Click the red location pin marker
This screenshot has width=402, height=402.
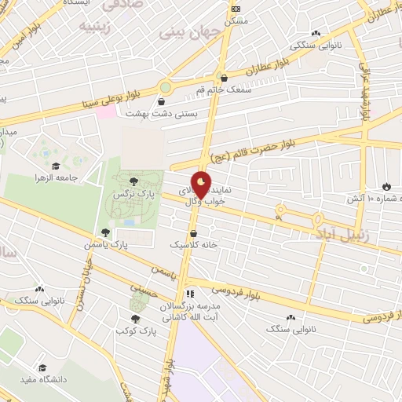click(202, 186)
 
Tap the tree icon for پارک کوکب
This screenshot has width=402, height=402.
click(136, 319)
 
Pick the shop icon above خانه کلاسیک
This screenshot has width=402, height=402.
click(195, 233)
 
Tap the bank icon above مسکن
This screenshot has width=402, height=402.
click(236, 9)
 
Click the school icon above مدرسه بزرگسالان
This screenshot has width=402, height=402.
click(188, 294)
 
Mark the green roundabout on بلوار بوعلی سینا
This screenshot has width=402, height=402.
click(166, 87)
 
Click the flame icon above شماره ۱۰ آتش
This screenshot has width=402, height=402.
click(386, 186)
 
